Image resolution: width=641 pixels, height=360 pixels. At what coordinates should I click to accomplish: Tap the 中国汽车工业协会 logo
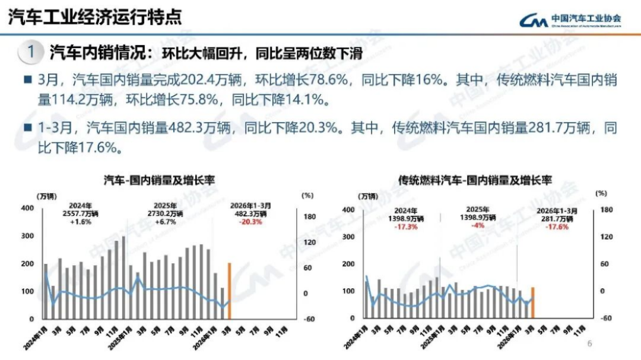(570, 20)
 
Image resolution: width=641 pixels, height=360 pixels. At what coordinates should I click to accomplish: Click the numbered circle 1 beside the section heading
(31, 52)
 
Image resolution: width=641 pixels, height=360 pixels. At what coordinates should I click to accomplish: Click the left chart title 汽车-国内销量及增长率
(159, 180)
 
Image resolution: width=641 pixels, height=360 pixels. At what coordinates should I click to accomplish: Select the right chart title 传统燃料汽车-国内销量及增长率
(475, 180)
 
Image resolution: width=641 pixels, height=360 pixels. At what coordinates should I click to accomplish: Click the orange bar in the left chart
(229, 291)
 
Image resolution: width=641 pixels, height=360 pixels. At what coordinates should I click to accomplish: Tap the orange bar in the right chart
(532, 303)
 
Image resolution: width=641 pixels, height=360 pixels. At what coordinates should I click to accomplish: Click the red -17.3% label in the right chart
(410, 226)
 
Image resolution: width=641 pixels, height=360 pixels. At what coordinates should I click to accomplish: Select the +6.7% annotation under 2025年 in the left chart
(167, 222)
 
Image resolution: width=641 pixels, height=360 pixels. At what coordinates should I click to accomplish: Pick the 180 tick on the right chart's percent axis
(605, 209)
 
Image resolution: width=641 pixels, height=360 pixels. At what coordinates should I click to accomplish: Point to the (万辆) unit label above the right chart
(367, 196)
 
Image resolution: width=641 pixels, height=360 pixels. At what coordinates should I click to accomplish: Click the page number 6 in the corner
(590, 343)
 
